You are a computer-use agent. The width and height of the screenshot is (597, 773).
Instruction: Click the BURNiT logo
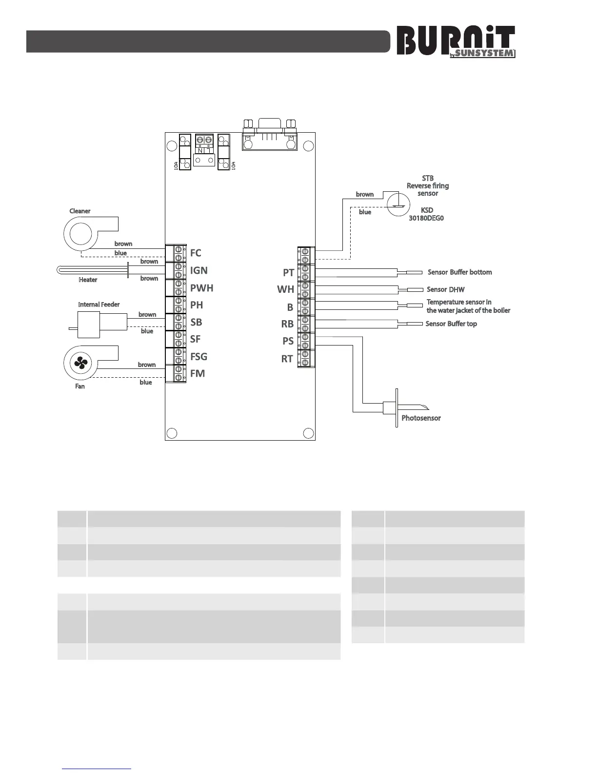click(456, 41)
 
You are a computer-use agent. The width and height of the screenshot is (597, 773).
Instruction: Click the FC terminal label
click(196, 253)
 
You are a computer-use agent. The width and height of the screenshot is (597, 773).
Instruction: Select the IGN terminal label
click(199, 270)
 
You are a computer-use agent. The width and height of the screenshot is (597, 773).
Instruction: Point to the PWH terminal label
click(202, 288)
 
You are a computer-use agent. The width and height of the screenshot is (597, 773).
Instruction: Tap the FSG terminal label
click(199, 357)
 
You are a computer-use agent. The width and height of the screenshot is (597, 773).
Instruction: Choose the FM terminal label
click(198, 374)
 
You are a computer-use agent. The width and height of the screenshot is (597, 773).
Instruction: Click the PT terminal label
click(288, 272)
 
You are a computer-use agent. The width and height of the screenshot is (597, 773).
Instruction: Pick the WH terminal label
click(286, 289)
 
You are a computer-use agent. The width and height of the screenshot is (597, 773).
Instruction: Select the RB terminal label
click(287, 324)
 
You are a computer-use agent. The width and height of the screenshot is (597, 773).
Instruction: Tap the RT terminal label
click(287, 359)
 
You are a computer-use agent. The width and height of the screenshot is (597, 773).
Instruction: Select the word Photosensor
click(421, 418)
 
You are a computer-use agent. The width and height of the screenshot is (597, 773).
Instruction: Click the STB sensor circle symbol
click(398, 205)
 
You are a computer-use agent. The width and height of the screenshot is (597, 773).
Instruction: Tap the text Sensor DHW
click(446, 290)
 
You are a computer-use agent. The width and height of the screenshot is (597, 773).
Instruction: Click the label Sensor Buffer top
click(451, 324)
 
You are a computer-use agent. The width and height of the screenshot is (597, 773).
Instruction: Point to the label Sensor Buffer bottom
click(460, 272)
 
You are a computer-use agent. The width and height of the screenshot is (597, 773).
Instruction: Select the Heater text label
click(88, 280)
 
